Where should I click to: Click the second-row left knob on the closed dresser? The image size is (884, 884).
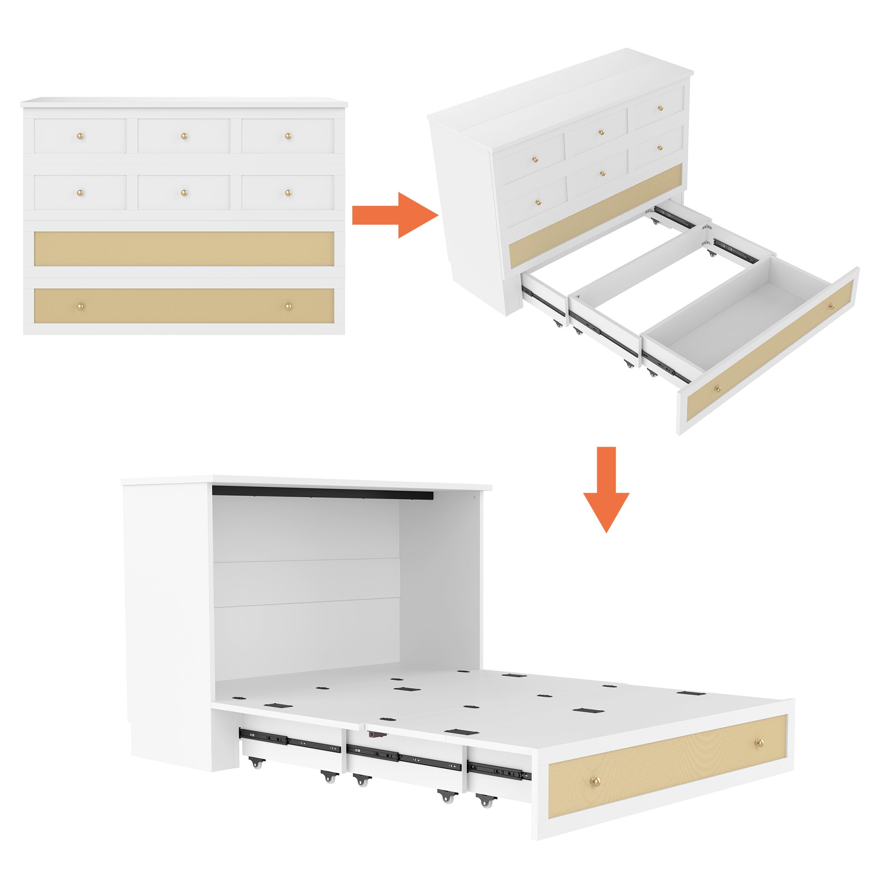pyautogui.click(x=80, y=193)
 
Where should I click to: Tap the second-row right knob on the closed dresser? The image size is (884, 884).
pyautogui.click(x=288, y=193)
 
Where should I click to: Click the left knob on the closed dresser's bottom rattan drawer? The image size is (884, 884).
pyautogui.click(x=80, y=306)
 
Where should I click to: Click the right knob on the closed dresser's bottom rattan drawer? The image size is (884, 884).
pyautogui.click(x=288, y=306)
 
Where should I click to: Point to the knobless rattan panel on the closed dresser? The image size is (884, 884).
pyautogui.click(x=184, y=249)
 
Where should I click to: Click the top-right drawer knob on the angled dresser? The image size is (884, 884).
pyautogui.click(x=660, y=108)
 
